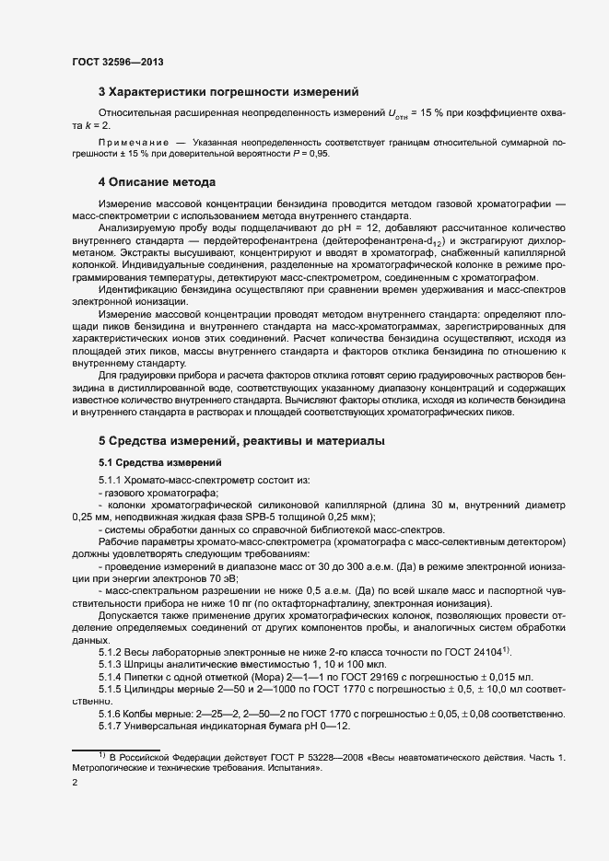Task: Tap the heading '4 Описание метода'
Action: coord(157,182)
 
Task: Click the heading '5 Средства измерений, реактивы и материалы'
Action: coord(241,442)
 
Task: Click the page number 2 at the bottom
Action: coord(76,783)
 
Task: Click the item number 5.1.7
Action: coord(111,727)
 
